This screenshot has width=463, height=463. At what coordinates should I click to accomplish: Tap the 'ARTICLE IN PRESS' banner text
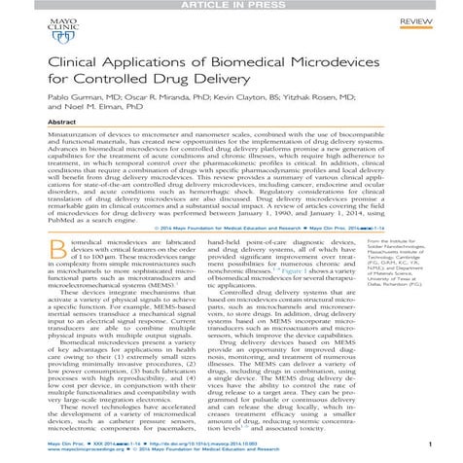coord(231,5)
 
